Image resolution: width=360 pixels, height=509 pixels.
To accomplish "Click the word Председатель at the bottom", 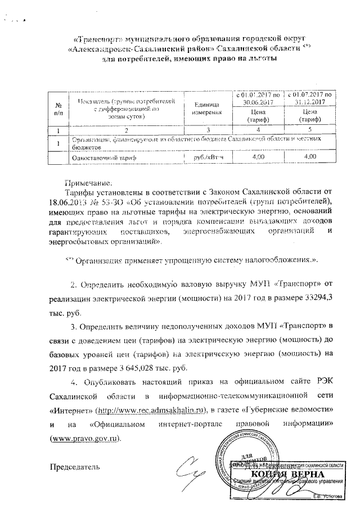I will coord(75,467).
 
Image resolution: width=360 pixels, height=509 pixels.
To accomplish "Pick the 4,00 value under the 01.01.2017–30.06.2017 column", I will coord(258,158).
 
